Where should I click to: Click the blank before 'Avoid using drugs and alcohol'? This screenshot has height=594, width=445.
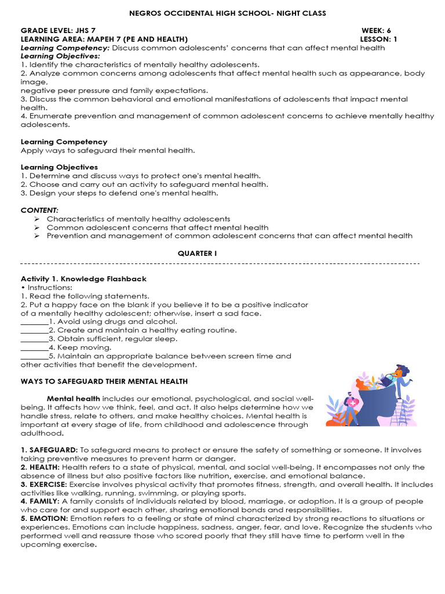click(34, 322)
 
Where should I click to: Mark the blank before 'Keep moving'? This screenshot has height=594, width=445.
click(34, 348)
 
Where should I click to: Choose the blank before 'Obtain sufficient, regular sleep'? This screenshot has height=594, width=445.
click(34, 339)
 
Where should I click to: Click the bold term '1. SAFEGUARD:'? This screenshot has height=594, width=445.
click(49, 450)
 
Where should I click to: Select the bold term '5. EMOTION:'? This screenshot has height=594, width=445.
click(45, 518)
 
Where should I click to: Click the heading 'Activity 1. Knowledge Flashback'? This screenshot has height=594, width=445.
click(83, 279)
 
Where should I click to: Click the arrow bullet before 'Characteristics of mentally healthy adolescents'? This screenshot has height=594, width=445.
click(37, 219)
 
